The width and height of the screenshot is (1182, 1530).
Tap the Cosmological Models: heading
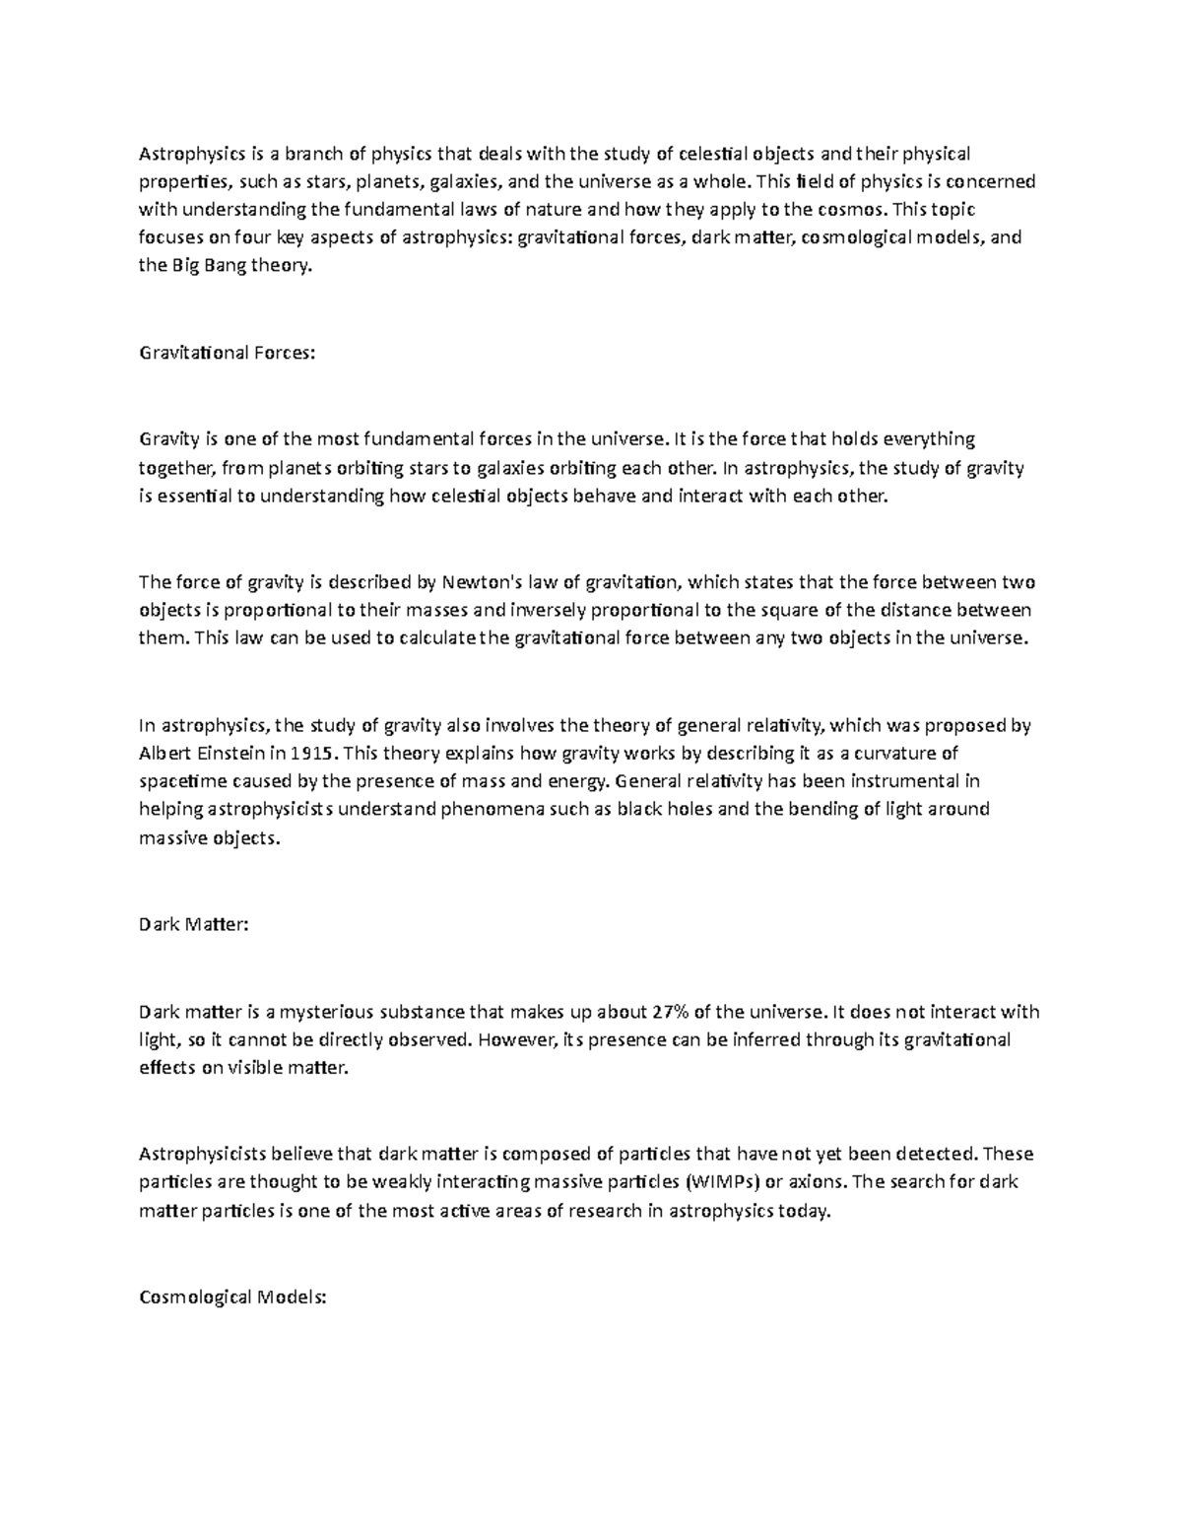pyautogui.click(x=232, y=1297)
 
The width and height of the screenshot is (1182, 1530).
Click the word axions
pyautogui.click(x=818, y=1181)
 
